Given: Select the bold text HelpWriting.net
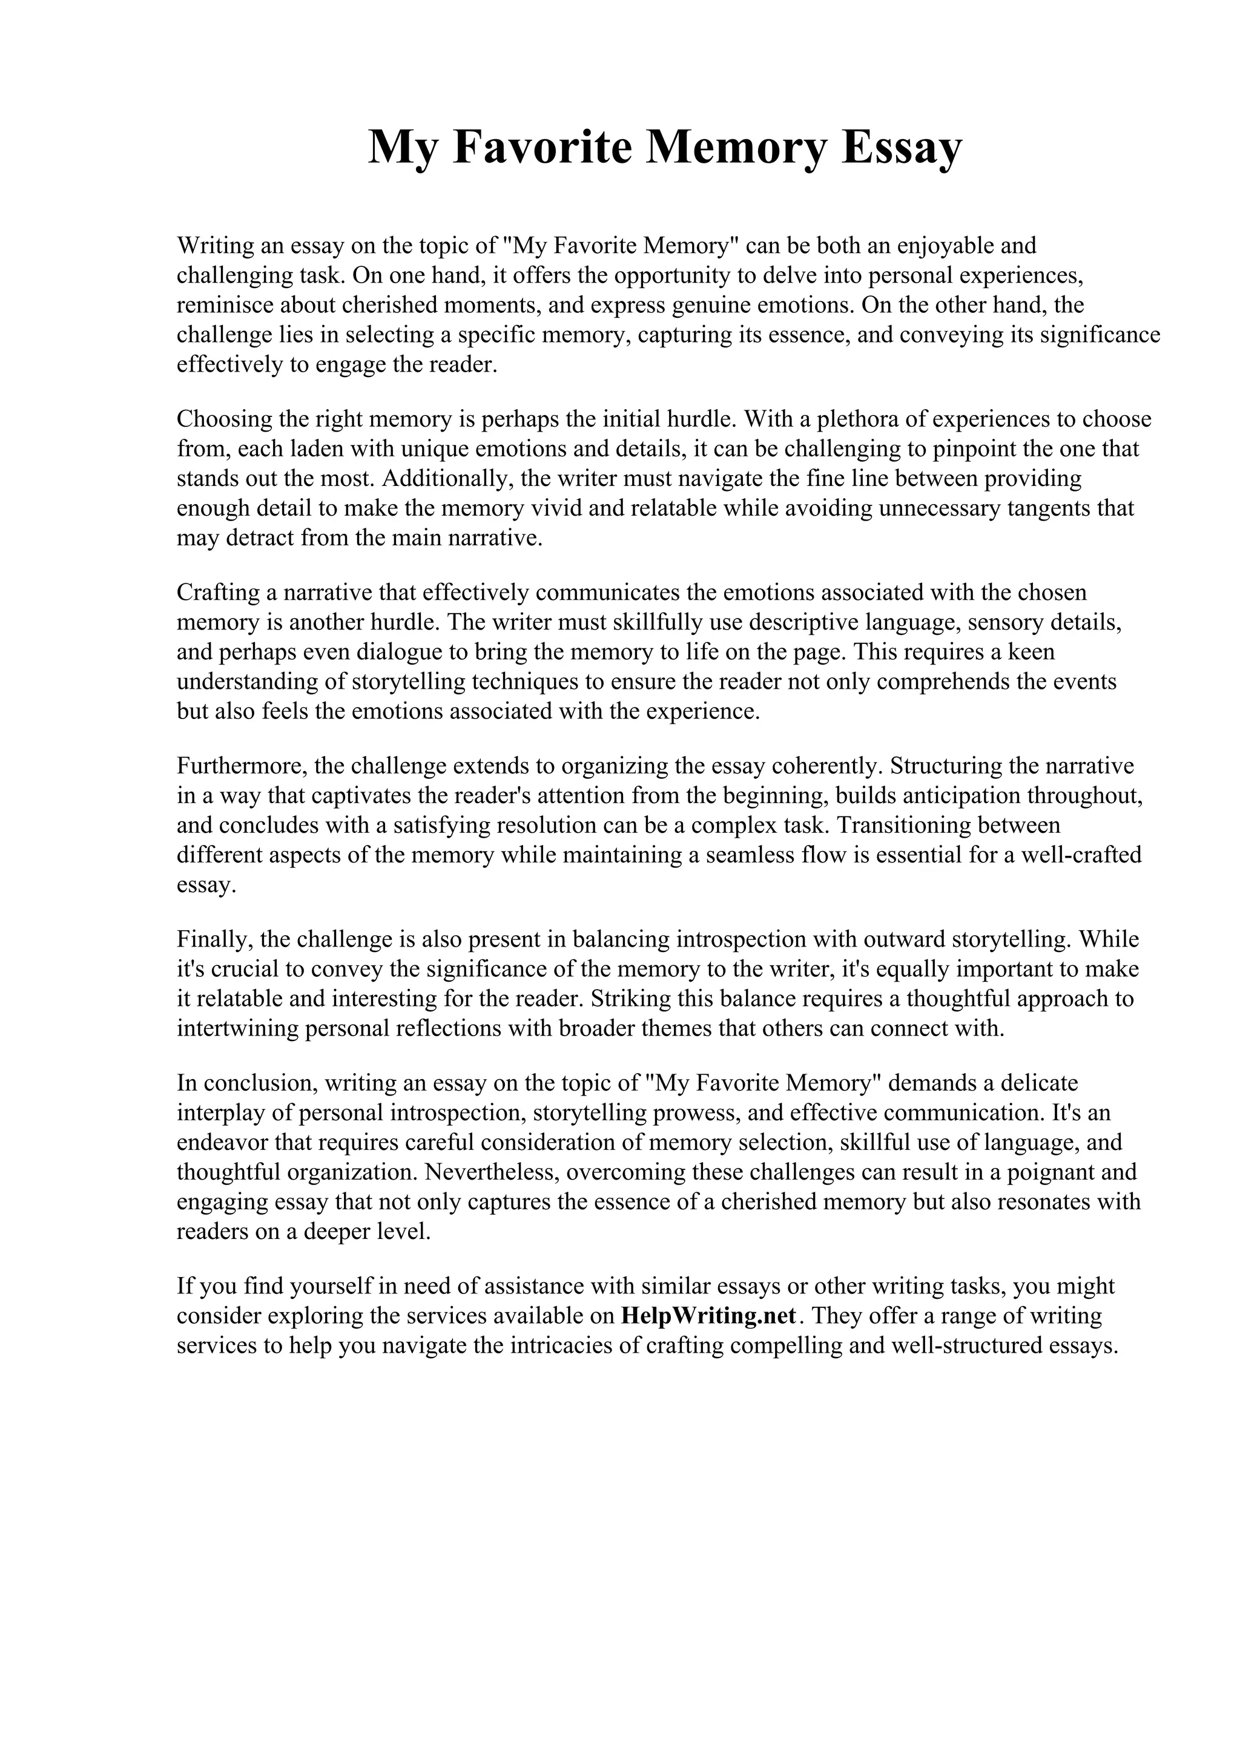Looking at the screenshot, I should coord(709,1316).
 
